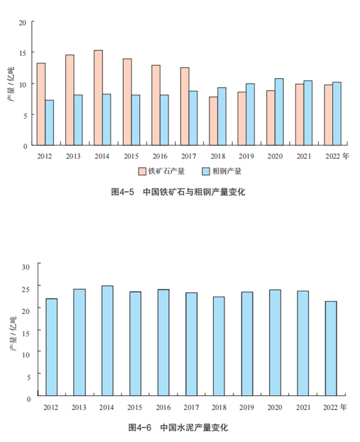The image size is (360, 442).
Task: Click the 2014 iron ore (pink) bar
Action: click(98, 98)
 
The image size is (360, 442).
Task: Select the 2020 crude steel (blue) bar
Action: click(279, 112)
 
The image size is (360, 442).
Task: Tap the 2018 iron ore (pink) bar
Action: click(214, 121)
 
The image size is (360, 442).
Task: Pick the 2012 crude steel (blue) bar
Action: click(49, 123)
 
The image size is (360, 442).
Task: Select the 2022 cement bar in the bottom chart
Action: click(331, 348)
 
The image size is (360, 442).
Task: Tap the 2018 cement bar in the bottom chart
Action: click(219, 346)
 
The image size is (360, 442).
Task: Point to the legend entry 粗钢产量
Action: click(224, 171)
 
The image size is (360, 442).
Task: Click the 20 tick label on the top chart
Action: click(22, 23)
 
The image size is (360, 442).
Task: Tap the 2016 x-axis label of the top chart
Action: click(159, 156)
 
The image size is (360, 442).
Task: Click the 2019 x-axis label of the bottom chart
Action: click(247, 407)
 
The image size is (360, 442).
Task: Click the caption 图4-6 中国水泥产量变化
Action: click(178, 428)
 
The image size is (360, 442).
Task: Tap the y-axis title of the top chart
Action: click(10, 84)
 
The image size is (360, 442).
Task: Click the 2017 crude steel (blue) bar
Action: click(193, 118)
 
